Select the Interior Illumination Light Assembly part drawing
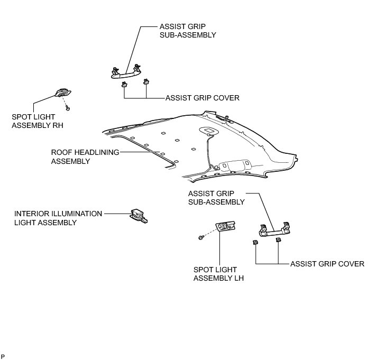coord(139,214)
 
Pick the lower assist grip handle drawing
coord(274,228)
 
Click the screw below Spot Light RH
coord(69,107)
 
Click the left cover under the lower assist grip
coord(256,242)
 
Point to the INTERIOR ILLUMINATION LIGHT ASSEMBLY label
coord(58,218)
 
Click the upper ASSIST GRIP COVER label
coord(203,98)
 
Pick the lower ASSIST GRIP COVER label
coord(327,263)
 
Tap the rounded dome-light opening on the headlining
coord(208,130)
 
